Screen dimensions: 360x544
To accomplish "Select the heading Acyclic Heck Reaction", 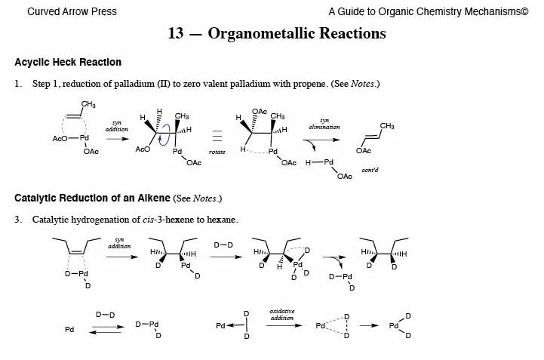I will tap(68, 62).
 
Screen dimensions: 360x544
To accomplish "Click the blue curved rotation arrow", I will tap(157, 134).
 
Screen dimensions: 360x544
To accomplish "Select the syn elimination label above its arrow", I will tap(324, 123).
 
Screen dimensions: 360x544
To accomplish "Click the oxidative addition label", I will tap(282, 314).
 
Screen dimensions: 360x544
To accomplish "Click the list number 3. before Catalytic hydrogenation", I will tap(19, 220).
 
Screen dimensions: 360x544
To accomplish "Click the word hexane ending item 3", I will tap(223, 220).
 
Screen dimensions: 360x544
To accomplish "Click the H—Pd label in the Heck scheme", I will tap(319, 162).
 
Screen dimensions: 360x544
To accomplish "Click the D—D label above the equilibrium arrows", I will tap(105, 314).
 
